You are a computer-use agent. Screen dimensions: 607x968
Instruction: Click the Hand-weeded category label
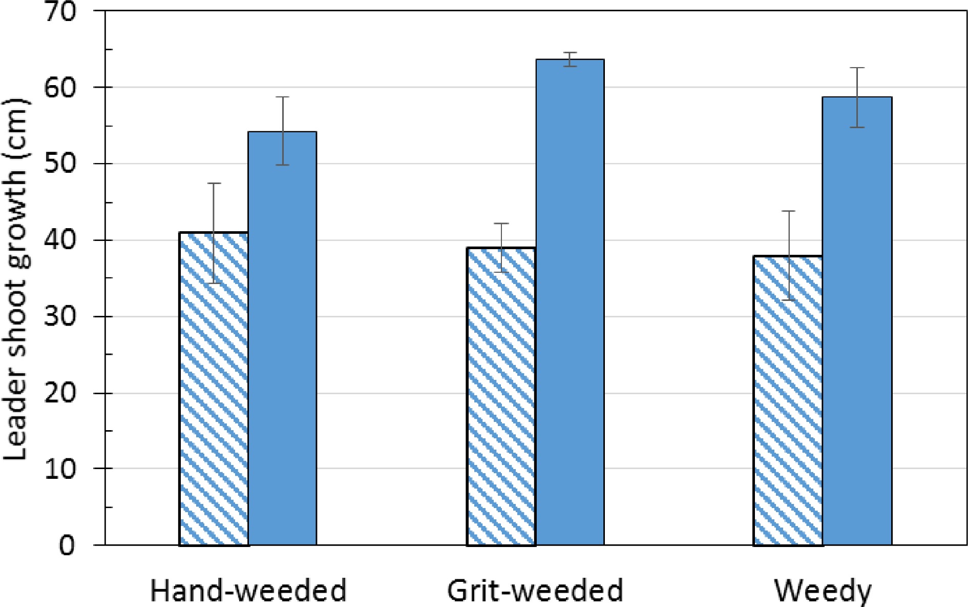(248, 590)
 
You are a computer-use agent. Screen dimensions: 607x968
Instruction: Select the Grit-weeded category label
(535, 590)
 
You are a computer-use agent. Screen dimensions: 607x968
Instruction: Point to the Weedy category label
(823, 591)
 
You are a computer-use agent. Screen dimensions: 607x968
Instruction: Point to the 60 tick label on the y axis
(60, 88)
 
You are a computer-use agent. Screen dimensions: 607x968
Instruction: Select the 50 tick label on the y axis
(60, 164)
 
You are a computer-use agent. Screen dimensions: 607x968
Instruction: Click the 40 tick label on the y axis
(60, 240)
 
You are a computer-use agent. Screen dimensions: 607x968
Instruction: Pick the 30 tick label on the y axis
(60, 317)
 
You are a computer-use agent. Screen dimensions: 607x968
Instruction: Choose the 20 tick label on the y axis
(60, 393)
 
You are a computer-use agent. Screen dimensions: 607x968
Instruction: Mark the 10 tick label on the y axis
(60, 469)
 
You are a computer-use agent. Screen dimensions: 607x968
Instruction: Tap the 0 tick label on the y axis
(67, 545)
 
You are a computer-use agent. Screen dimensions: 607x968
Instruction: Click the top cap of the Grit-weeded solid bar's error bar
(570, 53)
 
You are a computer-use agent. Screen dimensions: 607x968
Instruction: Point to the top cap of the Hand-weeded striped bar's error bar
(214, 183)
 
